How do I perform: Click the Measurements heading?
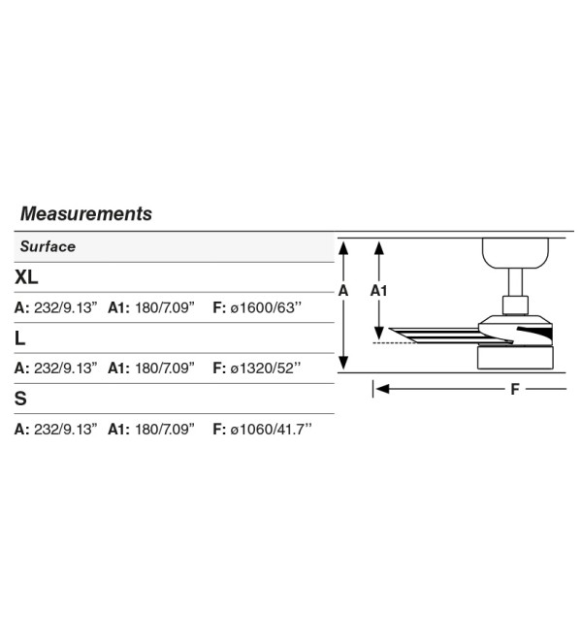point(86,213)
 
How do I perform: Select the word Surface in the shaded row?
point(48,246)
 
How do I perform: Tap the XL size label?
point(26,277)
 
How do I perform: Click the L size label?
point(19,338)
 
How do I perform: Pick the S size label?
point(20,399)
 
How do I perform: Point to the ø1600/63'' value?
point(266,307)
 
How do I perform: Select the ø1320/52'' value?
point(266,368)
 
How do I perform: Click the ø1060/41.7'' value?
point(271,429)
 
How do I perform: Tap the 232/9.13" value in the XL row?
point(66,307)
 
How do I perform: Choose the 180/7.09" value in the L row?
point(165,368)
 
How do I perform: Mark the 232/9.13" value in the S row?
point(66,429)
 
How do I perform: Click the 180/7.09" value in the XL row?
point(165,307)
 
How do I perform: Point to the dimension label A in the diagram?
point(343,291)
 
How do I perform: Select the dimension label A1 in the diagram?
point(378,291)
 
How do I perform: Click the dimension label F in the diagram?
point(515,389)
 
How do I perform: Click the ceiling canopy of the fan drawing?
point(515,253)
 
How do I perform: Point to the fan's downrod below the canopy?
point(515,282)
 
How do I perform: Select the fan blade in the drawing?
point(441,336)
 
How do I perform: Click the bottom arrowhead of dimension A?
point(343,363)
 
